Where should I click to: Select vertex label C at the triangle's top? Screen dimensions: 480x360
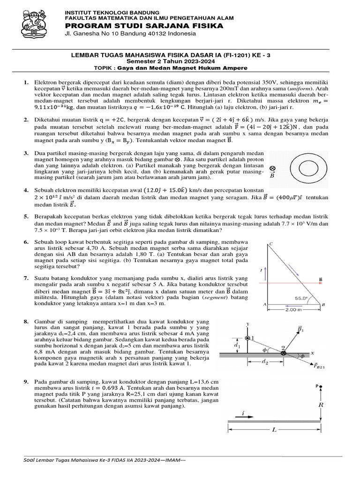[x=270, y=244]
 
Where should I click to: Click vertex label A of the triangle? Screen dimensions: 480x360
[x=265, y=304]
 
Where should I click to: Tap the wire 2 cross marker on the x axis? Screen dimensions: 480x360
[x=283, y=353]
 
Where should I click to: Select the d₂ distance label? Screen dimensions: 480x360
[x=266, y=361]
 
